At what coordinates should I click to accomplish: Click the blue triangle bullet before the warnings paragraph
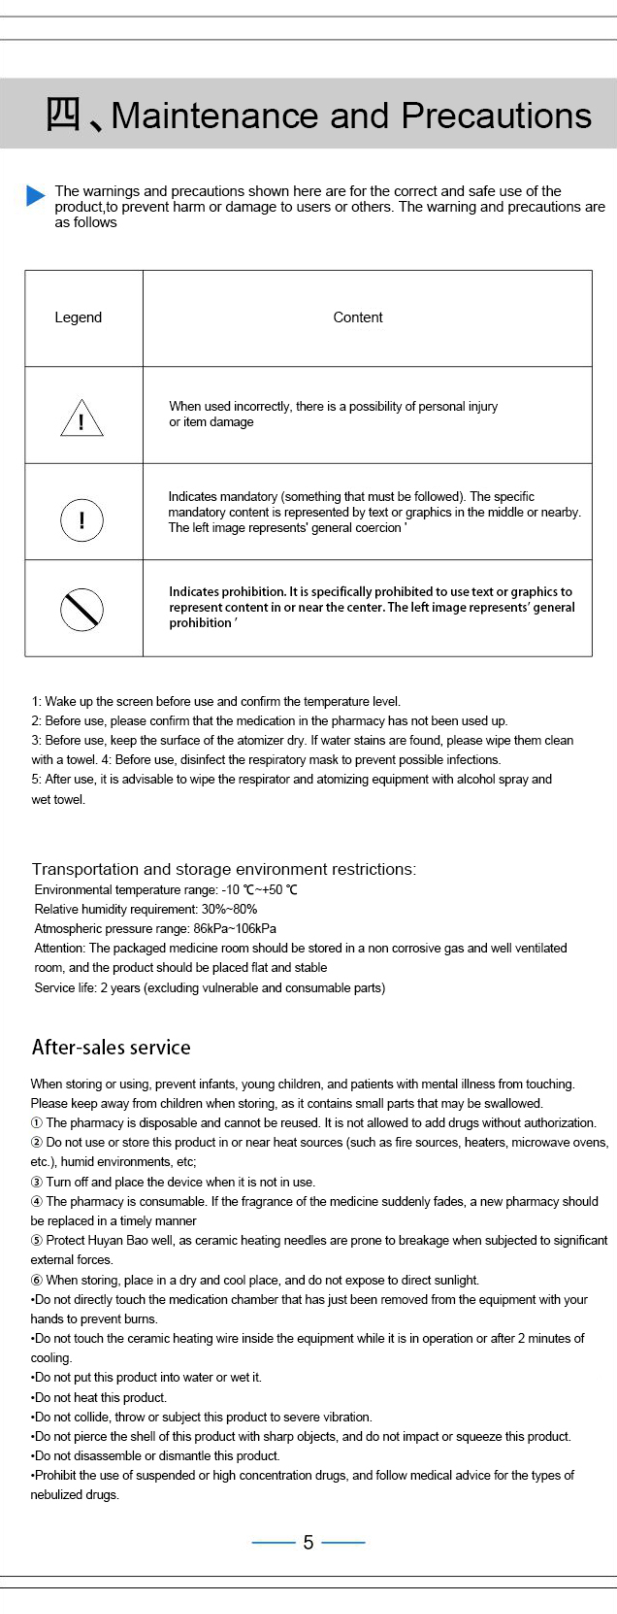pos(36,195)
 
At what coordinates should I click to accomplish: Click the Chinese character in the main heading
pos(63,115)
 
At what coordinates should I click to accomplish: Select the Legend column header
pos(78,318)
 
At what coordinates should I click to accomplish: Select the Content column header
pos(358,318)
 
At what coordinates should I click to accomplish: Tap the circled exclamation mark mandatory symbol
pos(82,520)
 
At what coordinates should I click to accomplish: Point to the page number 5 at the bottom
pos(308,1542)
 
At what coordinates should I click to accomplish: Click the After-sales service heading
pos(111,1047)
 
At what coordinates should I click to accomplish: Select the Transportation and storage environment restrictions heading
pos(224,869)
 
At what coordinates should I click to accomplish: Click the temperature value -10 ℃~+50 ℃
pos(259,890)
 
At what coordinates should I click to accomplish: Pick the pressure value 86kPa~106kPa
pos(235,929)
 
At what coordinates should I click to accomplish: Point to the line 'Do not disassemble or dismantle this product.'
pos(157,1456)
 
